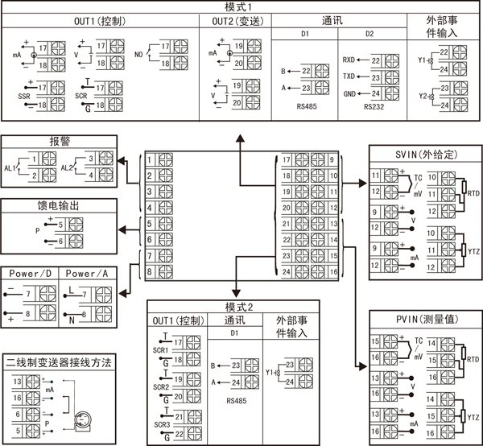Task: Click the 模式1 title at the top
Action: [240, 6]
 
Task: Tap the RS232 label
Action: [374, 105]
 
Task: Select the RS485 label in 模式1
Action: [306, 105]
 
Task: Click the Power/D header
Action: [31, 274]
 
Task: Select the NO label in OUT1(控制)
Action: [140, 55]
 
